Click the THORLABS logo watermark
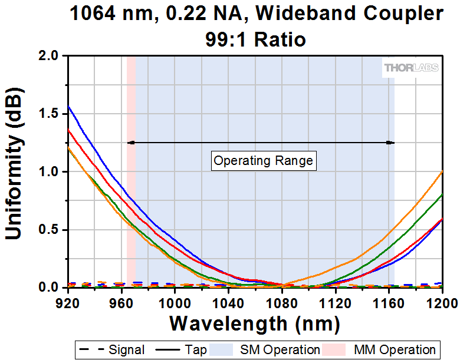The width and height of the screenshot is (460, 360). click(x=412, y=68)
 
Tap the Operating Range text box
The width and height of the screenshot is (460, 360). click(x=263, y=160)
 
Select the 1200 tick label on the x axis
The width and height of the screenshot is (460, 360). click(x=441, y=302)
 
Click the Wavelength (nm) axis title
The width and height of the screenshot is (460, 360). click(x=255, y=323)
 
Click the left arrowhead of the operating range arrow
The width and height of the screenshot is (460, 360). click(x=130, y=142)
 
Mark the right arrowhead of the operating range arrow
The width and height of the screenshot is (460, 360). click(x=391, y=142)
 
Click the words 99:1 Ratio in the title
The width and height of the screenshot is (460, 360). click(x=256, y=39)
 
